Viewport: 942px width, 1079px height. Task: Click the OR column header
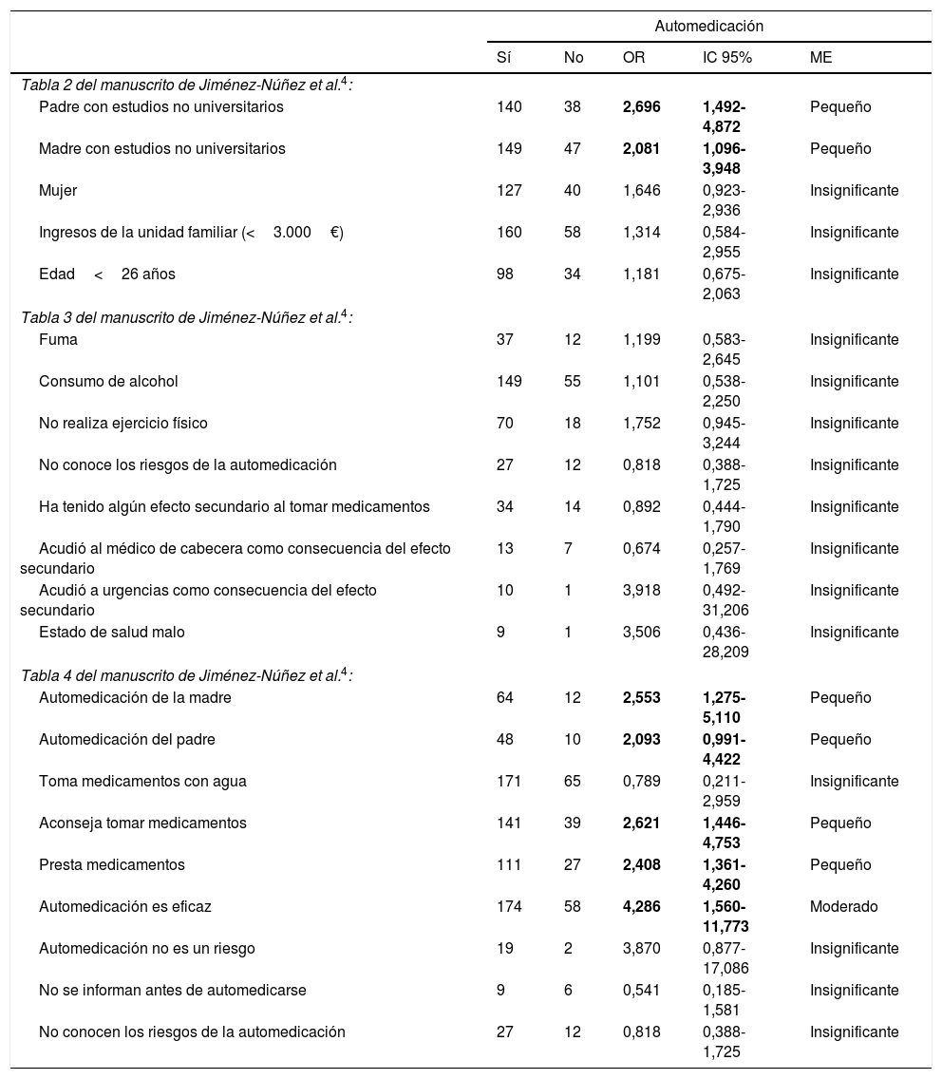click(x=633, y=58)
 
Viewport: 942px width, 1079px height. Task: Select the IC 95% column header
click(x=726, y=58)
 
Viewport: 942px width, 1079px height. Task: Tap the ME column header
click(x=820, y=58)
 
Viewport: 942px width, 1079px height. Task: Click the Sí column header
click(x=504, y=58)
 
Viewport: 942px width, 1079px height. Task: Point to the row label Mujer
click(x=58, y=191)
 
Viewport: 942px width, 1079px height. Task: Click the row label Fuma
click(x=58, y=340)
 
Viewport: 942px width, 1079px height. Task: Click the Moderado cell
click(x=843, y=907)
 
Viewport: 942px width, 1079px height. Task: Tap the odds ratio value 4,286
click(x=641, y=907)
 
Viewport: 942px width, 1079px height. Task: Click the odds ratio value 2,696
click(x=641, y=107)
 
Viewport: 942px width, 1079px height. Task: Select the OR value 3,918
click(x=641, y=591)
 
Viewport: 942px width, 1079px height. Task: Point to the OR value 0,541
click(x=641, y=991)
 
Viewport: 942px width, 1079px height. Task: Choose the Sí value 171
click(x=509, y=782)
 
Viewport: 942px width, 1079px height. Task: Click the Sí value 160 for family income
click(x=509, y=233)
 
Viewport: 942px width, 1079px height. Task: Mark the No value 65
click(x=573, y=782)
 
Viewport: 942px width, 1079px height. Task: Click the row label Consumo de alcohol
click(x=108, y=382)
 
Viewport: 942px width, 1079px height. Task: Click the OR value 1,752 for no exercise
click(x=641, y=424)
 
